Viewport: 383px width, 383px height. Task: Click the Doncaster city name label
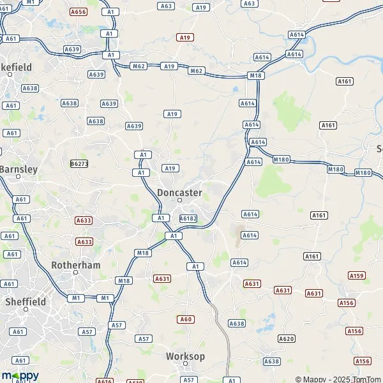pyautogui.click(x=179, y=192)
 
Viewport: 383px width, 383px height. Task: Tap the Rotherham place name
pyautogui.click(x=75, y=264)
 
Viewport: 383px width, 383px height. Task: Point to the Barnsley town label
pyautogui.click(x=19, y=169)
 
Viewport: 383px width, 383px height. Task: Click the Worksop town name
pyautogui.click(x=185, y=356)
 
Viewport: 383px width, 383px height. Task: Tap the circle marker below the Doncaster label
pyautogui.click(x=180, y=200)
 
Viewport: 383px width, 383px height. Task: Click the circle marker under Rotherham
pyautogui.click(x=75, y=273)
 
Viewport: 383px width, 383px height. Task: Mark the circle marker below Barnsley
pyautogui.click(x=18, y=177)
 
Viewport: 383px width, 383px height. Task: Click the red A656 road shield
pyautogui.click(x=79, y=12)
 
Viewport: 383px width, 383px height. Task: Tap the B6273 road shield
pyautogui.click(x=79, y=163)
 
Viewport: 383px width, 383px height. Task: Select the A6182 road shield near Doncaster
pyautogui.click(x=188, y=218)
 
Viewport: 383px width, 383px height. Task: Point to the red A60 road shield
pyautogui.click(x=186, y=319)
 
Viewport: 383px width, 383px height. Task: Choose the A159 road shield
pyautogui.click(x=357, y=275)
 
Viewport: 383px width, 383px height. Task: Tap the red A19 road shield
pyautogui.click(x=185, y=38)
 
